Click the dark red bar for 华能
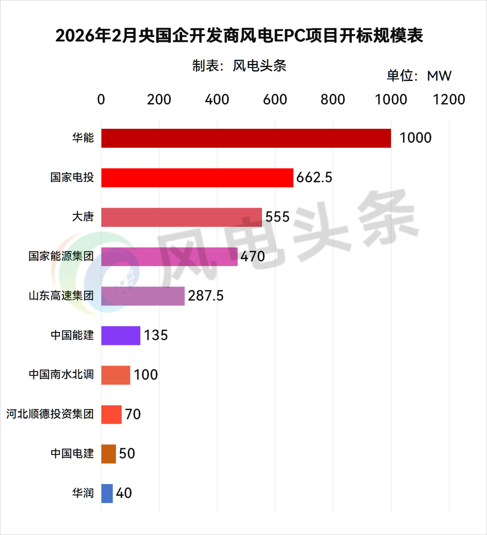coord(246,138)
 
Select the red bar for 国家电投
coord(197,177)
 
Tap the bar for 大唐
coord(181,217)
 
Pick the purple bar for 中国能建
coord(120,336)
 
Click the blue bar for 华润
coord(107,493)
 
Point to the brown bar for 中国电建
coord(108,454)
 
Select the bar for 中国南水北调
coord(115,375)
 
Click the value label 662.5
coord(314,177)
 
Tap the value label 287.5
coord(206,296)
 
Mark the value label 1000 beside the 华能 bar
coord(415,138)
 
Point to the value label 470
coord(253,256)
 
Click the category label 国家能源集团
coord(61,256)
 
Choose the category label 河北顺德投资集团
coord(50,414)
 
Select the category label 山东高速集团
coord(61,296)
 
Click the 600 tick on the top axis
coord(275,100)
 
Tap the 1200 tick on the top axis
coord(449,100)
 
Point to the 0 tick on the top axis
coord(101,100)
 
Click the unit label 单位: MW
coord(419,76)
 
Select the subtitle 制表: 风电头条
coord(239,66)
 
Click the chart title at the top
coord(239,36)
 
